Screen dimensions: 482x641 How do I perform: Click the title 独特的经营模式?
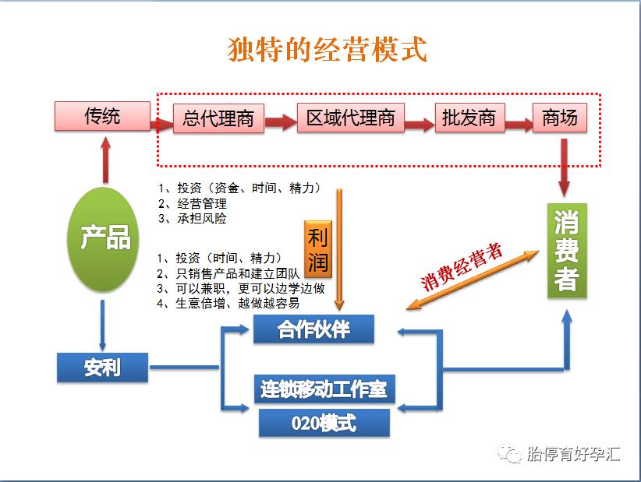pyautogui.click(x=328, y=50)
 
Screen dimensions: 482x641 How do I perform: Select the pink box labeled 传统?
pyautogui.click(x=102, y=117)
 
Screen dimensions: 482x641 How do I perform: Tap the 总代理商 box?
pyautogui.click(x=218, y=118)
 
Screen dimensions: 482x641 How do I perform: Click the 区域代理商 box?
pyautogui.click(x=350, y=118)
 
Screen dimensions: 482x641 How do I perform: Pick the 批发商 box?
pyautogui.click(x=469, y=118)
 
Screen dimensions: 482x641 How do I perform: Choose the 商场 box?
pyautogui.click(x=559, y=118)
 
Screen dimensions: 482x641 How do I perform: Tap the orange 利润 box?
pyautogui.click(x=317, y=248)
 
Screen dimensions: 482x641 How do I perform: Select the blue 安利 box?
pyautogui.click(x=102, y=366)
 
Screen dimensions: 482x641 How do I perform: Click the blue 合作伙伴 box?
pyautogui.click(x=313, y=329)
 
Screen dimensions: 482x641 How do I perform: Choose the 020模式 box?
pyautogui.click(x=324, y=423)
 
